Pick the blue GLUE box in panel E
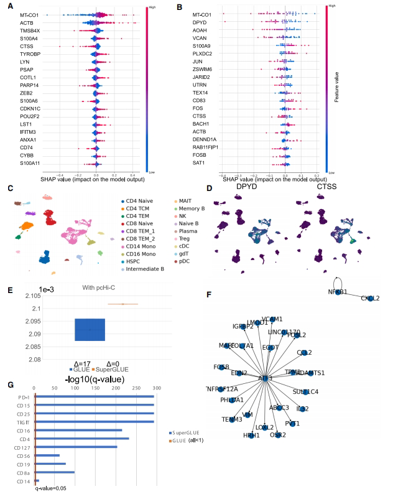pyautogui.click(x=90, y=329)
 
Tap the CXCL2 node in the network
pyautogui.click(x=371, y=299)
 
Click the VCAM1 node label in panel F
pyautogui.click(x=272, y=319)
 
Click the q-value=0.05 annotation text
pyautogui.click(x=50, y=489)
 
